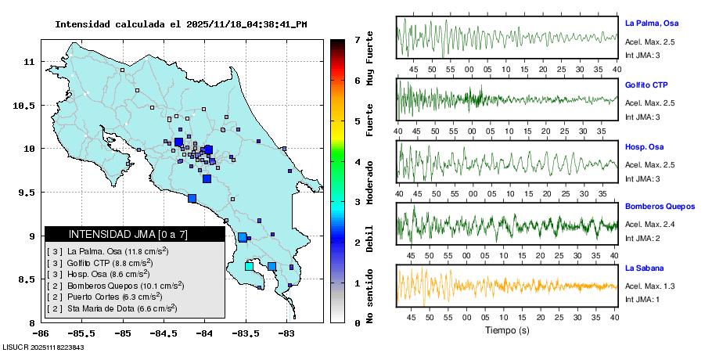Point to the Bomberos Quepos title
coord(660,207)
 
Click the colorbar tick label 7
coord(357,39)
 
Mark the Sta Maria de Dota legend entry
coord(115,308)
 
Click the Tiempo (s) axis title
coord(507,330)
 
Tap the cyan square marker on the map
coord(249,266)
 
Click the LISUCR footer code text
coord(43,347)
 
